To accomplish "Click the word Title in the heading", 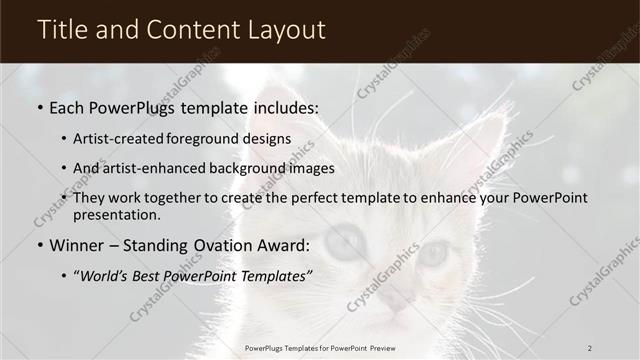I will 62,31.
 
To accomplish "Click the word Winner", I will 79,246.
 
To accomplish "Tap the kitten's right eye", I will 432,253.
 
